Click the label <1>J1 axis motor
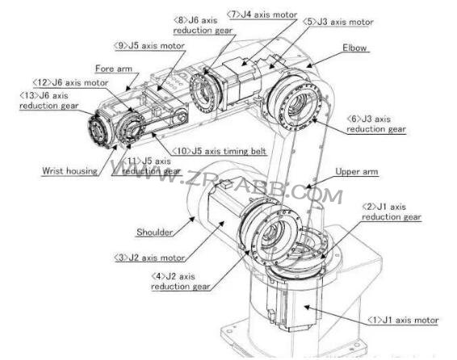click(403, 320)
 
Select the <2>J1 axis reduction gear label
click(392, 211)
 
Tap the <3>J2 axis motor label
click(149, 257)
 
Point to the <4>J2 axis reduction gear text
click(180, 282)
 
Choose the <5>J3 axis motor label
click(338, 22)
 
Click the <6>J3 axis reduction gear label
click(376, 123)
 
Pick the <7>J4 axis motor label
click(262, 15)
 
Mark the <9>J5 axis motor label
click(149, 46)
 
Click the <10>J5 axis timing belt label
click(219, 151)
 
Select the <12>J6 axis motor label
click(70, 82)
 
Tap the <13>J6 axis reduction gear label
click(49, 100)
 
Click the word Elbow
click(354, 48)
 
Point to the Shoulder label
click(154, 232)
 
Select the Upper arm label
click(357, 172)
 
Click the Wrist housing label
click(69, 170)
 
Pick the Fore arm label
click(114, 69)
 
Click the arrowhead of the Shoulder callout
click(192, 219)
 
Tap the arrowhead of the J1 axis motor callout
click(307, 307)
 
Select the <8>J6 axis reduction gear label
click(203, 25)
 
